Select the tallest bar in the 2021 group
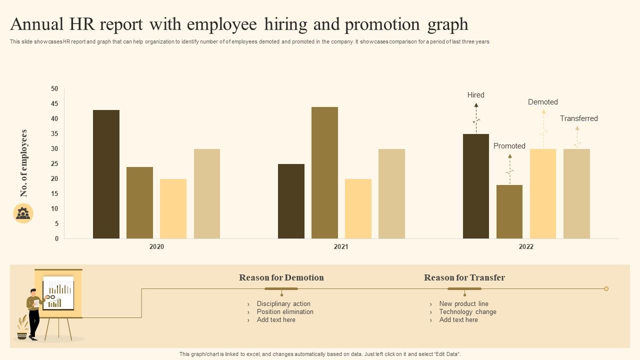coord(324,172)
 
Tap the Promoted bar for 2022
coord(509,211)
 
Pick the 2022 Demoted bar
coord(543,193)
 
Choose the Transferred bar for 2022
coord(576,193)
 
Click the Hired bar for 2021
coord(291,201)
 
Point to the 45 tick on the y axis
coord(54,103)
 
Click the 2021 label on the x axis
coord(341,246)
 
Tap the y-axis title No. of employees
coord(24,163)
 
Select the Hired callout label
coord(476,95)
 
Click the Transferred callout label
coord(579,118)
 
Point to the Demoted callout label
coord(543,102)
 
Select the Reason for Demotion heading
coord(281,277)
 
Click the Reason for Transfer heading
coord(464,277)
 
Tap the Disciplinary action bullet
coord(283,303)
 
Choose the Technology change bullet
coord(467,311)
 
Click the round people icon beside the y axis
coord(23,213)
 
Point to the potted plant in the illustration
coord(22,328)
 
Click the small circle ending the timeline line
coord(606,288)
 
